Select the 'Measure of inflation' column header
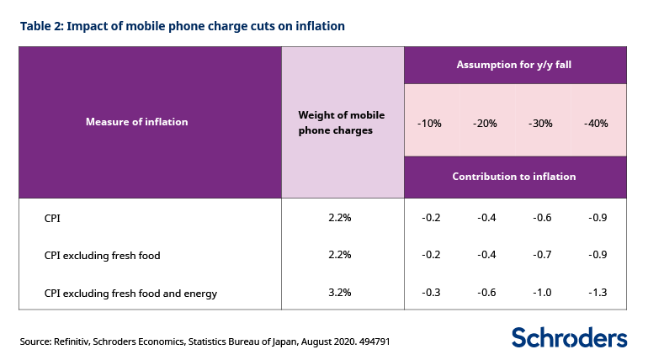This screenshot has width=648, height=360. pyautogui.click(x=137, y=121)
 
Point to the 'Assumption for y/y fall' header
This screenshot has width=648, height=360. pyautogui.click(x=514, y=65)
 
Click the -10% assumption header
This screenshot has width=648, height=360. pyautogui.click(x=429, y=123)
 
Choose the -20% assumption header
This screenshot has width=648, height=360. pyautogui.click(x=486, y=123)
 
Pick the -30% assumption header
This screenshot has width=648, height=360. pyautogui.click(x=540, y=123)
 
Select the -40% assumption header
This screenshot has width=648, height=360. pyautogui.click(x=596, y=123)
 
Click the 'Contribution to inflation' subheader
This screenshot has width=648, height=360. pyautogui.click(x=514, y=177)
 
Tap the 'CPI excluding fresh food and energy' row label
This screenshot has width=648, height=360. pyautogui.click(x=130, y=294)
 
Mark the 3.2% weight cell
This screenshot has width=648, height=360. pyautogui.click(x=339, y=294)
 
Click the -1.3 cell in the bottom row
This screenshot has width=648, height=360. pyautogui.click(x=596, y=294)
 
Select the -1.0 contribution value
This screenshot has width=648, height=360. pyautogui.click(x=540, y=294)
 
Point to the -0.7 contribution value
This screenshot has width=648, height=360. pyautogui.click(x=540, y=255)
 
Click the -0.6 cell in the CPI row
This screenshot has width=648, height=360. pyautogui.click(x=540, y=218)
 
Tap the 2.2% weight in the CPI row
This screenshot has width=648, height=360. pyautogui.click(x=339, y=218)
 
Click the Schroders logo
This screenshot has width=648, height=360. pyautogui.click(x=569, y=337)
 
